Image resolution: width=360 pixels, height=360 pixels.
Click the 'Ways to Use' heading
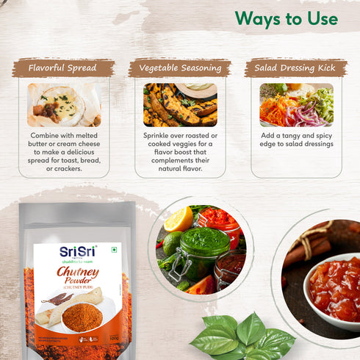pyautogui.click(x=287, y=18)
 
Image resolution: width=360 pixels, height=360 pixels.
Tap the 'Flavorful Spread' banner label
pyautogui.click(x=63, y=68)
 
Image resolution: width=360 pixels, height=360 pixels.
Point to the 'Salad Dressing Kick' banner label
pyautogui.click(x=295, y=68)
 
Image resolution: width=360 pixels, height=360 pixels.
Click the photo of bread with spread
pyautogui.click(x=63, y=104)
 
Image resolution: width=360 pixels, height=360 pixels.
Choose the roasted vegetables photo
pyautogui.click(x=180, y=104)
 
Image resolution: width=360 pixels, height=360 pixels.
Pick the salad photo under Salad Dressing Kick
pyautogui.click(x=296, y=104)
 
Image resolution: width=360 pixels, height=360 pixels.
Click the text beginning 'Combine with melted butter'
pyautogui.click(x=64, y=153)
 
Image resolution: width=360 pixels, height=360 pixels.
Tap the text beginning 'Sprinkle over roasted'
pyautogui.click(x=180, y=153)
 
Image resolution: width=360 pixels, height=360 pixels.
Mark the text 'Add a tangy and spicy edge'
pyautogui.click(x=296, y=140)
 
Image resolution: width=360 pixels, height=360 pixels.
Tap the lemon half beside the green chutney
pyautogui.click(x=179, y=218)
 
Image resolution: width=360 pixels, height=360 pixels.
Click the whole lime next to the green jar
pyautogui.click(x=172, y=243)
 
